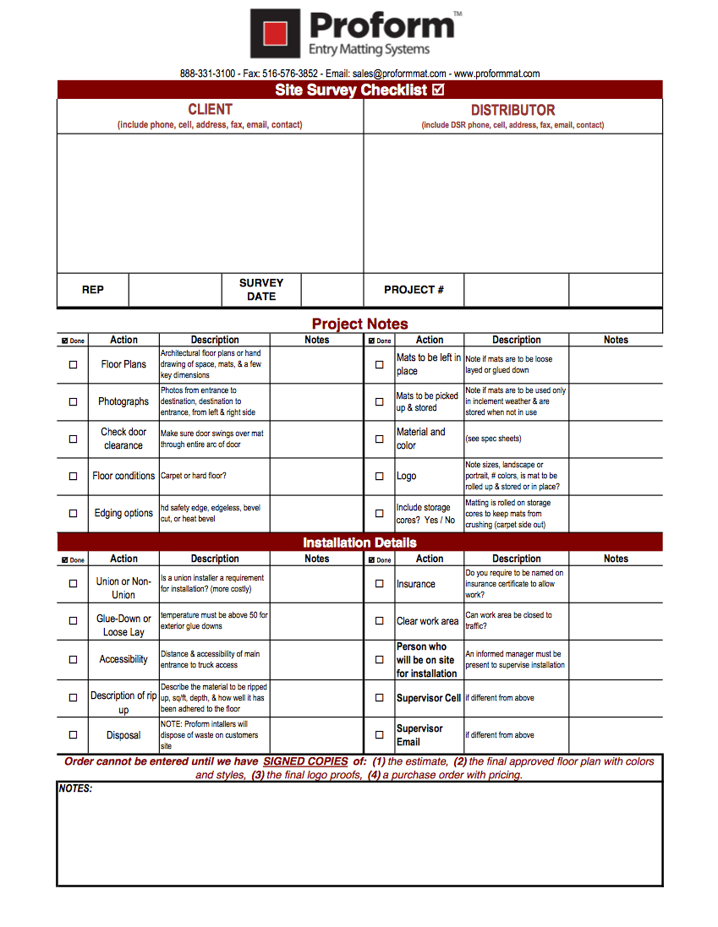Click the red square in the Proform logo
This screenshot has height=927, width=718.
click(274, 33)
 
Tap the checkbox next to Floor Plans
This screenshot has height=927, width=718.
click(73, 364)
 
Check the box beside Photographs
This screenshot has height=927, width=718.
click(73, 401)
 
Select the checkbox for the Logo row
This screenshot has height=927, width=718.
click(379, 476)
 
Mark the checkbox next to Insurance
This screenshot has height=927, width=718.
click(379, 584)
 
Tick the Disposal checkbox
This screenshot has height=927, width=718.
click(73, 735)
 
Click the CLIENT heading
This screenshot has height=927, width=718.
click(210, 109)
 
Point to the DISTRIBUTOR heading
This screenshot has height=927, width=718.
click(512, 110)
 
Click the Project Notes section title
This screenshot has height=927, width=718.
click(359, 324)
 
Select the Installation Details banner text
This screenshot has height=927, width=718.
click(359, 543)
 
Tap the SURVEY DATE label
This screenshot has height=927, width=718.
click(261, 290)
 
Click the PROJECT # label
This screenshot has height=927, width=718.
click(414, 290)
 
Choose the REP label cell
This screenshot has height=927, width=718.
click(93, 290)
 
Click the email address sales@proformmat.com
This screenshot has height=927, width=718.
click(399, 74)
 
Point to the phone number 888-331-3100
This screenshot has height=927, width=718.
click(207, 74)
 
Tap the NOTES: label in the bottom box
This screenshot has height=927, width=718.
click(75, 788)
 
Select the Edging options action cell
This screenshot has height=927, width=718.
click(123, 513)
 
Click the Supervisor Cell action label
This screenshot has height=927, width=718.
click(429, 698)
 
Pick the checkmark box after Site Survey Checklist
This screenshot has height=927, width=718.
click(438, 90)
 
